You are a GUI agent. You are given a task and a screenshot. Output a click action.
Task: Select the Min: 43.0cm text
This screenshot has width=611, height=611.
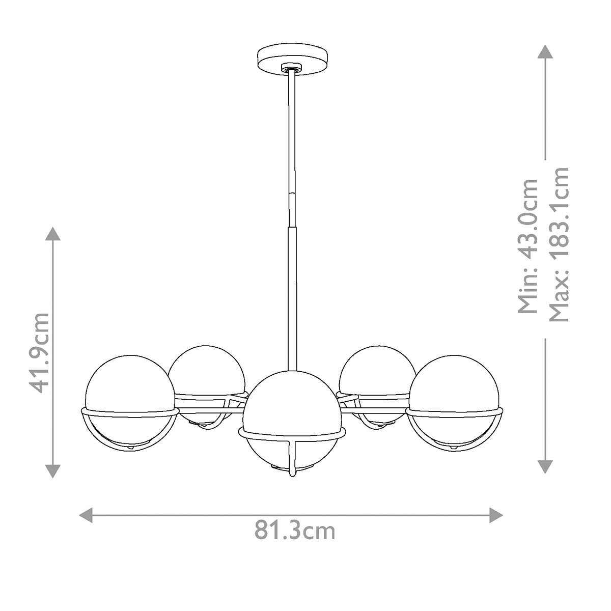point(527,245)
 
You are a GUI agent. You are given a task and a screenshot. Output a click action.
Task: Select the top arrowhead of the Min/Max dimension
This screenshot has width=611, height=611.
point(545,52)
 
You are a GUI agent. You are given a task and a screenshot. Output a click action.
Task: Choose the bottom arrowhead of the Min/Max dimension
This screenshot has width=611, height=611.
point(545,466)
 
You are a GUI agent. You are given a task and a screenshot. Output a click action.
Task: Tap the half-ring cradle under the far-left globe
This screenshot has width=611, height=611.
point(102,438)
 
